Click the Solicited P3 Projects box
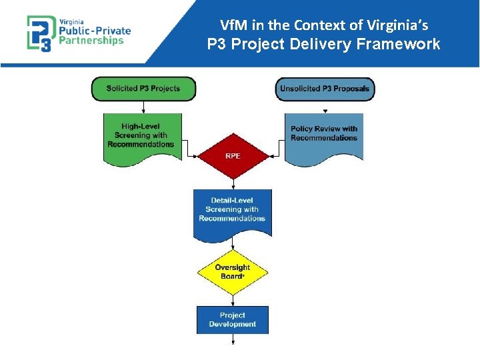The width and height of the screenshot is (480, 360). click(x=144, y=89)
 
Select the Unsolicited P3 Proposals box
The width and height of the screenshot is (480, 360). click(x=325, y=89)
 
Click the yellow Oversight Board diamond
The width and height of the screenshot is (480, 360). click(x=233, y=272)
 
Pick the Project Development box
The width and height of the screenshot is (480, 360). click(x=233, y=319)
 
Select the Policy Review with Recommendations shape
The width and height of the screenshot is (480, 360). click(x=324, y=135)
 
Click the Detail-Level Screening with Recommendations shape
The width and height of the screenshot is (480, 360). click(x=232, y=210)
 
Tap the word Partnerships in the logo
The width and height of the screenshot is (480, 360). click(x=92, y=40)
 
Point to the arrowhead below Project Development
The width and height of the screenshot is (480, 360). click(x=233, y=342)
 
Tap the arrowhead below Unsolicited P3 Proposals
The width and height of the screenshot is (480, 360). click(x=325, y=111)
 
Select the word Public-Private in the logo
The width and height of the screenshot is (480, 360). click(x=95, y=30)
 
